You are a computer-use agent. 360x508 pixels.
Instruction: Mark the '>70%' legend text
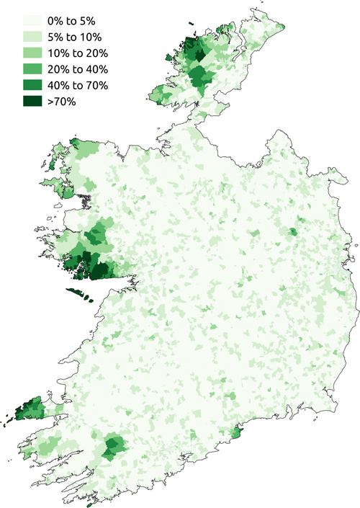point(60,101)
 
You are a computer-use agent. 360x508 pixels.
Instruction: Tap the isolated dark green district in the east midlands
point(293,232)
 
